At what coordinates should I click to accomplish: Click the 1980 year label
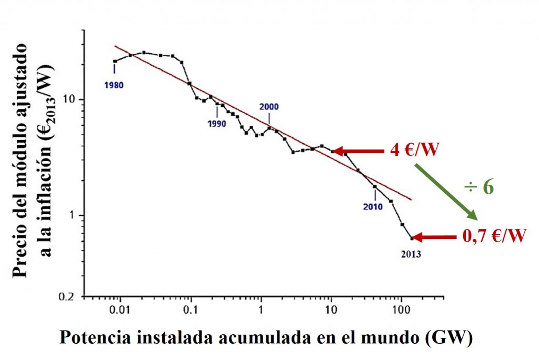[114, 84]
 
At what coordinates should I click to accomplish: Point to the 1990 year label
[217, 124]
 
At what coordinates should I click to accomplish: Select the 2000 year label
[269, 106]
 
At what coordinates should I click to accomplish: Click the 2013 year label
[411, 254]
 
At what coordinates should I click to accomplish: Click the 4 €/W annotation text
[414, 151]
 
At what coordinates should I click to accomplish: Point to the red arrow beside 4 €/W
[359, 152]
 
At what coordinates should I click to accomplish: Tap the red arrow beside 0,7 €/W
[434, 238]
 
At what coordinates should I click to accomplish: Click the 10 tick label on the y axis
[71, 99]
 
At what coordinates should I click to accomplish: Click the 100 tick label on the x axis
[402, 310]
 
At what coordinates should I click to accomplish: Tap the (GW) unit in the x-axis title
[448, 338]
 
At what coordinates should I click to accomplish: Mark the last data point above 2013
[412, 238]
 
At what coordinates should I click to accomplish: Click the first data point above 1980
[114, 62]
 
